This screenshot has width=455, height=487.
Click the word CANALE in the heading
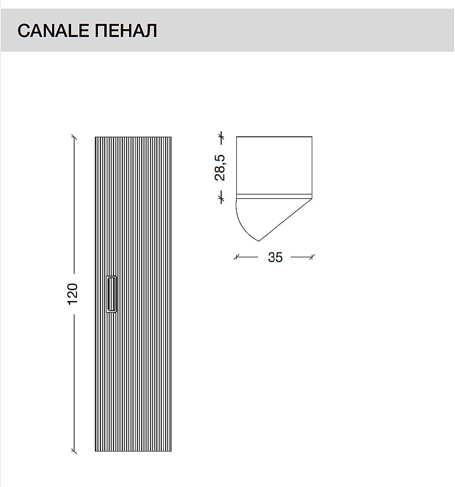pos(54,31)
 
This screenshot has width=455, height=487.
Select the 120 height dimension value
pos(73,293)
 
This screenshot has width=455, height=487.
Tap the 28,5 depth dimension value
pos(220,167)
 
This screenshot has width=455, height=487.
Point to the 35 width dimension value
pos(275,258)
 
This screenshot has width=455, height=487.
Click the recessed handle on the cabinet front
pos(112,293)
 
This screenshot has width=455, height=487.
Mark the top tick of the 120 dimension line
pos(74,137)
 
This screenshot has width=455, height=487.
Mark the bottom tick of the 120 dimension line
pos(74,451)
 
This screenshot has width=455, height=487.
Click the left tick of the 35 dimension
pos(237,257)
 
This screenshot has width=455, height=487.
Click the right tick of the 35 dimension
pos(312,257)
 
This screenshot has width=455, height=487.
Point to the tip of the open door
pos(259,241)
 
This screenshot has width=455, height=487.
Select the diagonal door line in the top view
pos(285,219)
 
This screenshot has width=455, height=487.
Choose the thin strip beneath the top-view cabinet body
pos(274,196)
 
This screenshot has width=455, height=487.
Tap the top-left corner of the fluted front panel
pos(95,137)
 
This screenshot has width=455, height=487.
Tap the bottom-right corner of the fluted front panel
pos(171,451)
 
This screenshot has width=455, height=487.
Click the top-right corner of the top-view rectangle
pos(312,137)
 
